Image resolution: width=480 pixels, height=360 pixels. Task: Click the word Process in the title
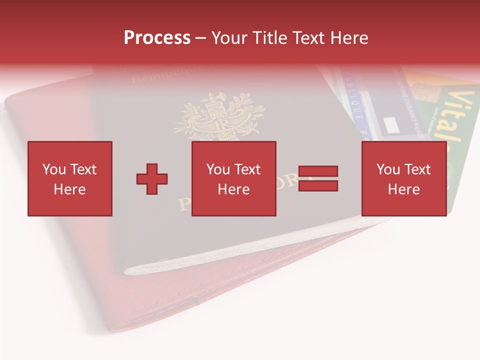(x=157, y=38)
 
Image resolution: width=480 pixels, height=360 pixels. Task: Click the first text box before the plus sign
(x=69, y=178)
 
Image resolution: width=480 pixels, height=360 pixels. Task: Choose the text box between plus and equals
(x=233, y=178)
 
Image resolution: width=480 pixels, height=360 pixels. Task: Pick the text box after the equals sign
(x=403, y=178)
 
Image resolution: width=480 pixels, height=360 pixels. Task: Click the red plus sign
(x=152, y=178)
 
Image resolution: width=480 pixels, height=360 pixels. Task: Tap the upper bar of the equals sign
(x=318, y=171)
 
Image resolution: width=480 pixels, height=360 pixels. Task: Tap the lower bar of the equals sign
(x=318, y=186)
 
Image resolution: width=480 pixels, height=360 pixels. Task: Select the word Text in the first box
(x=83, y=169)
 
